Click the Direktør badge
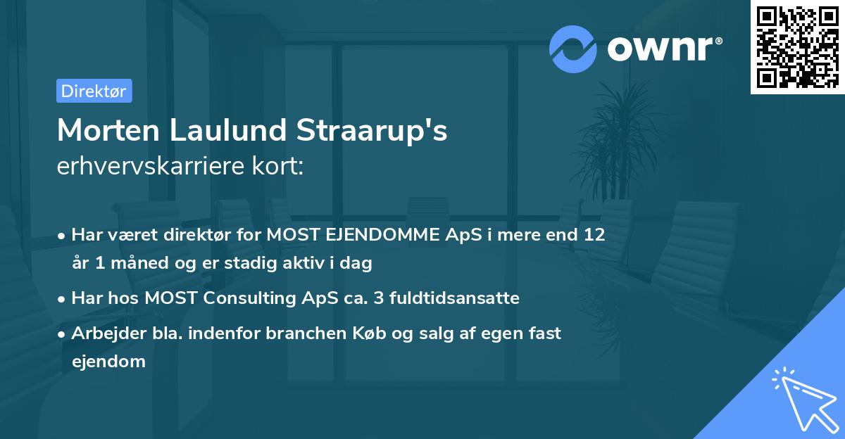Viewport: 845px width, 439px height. [x=94, y=91]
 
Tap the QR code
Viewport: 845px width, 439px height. [x=797, y=47]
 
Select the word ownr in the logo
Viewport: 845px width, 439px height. [x=665, y=48]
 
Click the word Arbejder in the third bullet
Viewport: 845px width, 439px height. [x=103, y=333]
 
